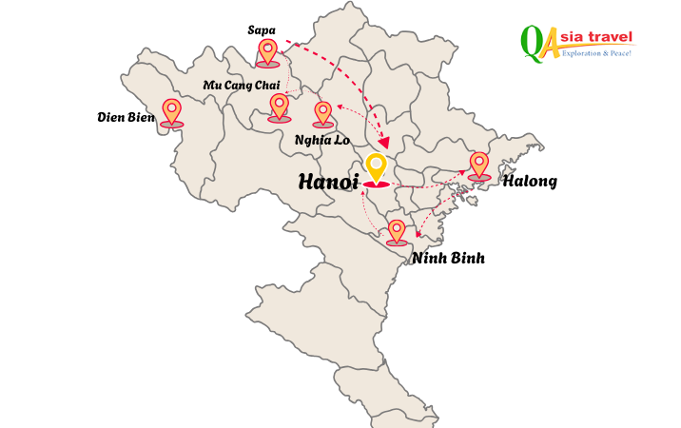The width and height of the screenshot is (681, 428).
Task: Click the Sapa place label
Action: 262,30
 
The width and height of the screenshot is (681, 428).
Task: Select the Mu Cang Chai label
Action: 242,86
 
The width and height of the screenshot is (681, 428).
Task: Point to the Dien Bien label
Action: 126,117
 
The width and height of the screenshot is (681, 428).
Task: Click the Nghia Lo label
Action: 322,139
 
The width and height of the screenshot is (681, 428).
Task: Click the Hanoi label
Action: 328,182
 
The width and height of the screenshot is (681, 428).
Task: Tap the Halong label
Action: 530,181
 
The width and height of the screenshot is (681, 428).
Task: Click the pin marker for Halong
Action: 479,165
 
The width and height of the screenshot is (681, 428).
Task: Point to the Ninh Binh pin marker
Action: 397,231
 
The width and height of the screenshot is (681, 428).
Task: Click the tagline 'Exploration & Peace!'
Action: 596,54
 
